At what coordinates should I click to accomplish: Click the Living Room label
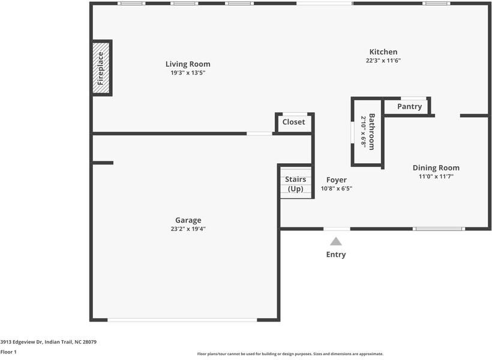[188, 64]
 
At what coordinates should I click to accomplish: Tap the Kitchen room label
[383, 52]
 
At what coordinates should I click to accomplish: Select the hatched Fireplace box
[101, 68]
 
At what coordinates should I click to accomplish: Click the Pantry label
[409, 107]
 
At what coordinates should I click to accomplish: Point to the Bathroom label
[372, 131]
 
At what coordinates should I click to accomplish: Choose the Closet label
[293, 122]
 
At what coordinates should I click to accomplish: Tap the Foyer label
[336, 180]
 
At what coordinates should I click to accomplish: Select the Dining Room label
[436, 168]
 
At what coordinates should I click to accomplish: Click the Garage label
[188, 220]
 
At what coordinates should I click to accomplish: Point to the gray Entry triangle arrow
[336, 241]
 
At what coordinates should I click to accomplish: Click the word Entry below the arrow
[336, 254]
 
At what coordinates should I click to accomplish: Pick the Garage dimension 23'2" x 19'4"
[188, 229]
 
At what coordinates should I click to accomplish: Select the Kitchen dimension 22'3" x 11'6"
[383, 61]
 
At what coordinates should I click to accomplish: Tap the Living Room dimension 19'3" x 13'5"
[188, 73]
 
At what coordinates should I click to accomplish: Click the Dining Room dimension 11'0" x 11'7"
[436, 176]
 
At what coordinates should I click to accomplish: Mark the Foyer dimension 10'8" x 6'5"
[336, 188]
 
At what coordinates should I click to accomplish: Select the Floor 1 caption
[8, 352]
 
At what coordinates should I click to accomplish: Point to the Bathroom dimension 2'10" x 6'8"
[363, 131]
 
